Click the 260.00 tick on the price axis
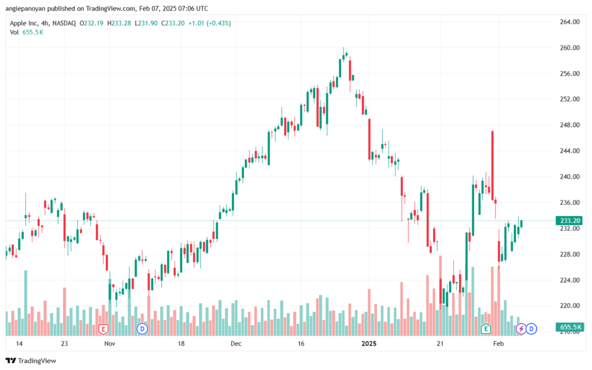(569, 48)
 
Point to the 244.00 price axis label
(569, 151)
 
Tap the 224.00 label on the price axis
(569, 280)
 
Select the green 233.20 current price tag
(569, 221)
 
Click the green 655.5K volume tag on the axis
(569, 327)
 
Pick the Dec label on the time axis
(236, 343)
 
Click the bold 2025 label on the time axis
(369, 343)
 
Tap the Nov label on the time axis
(109, 343)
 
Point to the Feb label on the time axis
(498, 343)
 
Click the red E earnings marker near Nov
(103, 330)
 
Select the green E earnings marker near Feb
(486, 329)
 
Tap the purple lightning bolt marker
(521, 329)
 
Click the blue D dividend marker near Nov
(142, 329)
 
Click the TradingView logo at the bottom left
(31, 361)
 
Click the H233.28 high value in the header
(119, 23)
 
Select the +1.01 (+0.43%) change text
(209, 23)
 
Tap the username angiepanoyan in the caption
(25, 9)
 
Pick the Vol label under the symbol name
(14, 32)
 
